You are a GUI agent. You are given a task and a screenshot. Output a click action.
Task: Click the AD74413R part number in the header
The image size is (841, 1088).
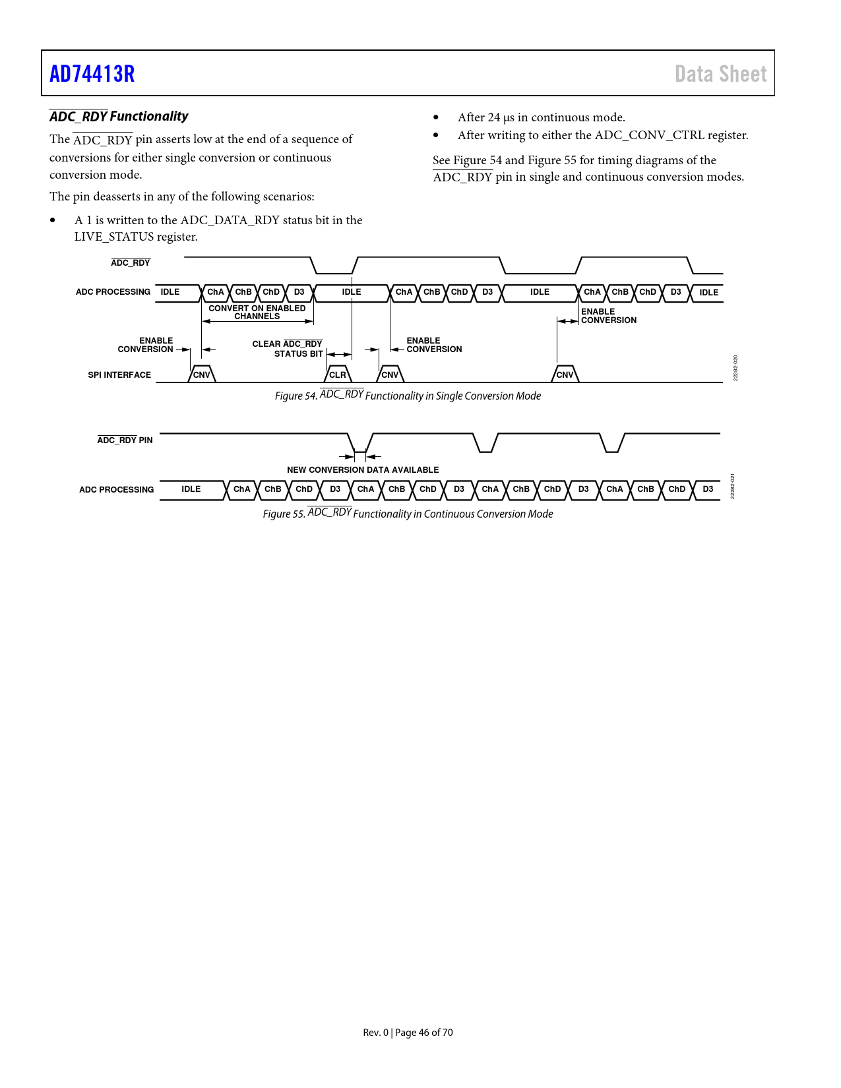[92, 74]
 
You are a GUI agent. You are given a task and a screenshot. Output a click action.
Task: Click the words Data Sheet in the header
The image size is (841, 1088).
[720, 74]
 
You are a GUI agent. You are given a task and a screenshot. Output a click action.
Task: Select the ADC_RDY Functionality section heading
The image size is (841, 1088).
[119, 117]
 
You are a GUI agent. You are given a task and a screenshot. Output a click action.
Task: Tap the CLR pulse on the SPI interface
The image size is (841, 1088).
[338, 375]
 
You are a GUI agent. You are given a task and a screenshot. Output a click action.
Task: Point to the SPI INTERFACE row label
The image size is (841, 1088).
[119, 375]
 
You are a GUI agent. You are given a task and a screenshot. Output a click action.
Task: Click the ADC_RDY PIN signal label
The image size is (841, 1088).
[125, 440]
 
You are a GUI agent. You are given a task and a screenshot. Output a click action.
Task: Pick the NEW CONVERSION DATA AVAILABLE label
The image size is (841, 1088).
[363, 469]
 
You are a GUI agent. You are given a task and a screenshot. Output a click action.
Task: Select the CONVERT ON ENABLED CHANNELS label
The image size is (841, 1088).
[257, 312]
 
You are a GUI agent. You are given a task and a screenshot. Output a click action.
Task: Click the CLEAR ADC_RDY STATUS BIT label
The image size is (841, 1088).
[288, 349]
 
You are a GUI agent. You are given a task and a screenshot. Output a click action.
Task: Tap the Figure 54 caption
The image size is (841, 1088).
[408, 396]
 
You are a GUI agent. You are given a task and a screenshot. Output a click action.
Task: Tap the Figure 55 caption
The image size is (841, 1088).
[408, 514]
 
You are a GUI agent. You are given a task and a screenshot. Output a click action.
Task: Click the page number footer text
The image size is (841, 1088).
[408, 1032]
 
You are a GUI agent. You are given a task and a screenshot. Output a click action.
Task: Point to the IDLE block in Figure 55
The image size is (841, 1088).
[191, 489]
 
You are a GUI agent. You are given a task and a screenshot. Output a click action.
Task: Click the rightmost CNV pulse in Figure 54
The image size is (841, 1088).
[565, 375]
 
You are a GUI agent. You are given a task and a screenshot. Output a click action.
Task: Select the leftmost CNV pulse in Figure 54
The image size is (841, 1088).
[201, 375]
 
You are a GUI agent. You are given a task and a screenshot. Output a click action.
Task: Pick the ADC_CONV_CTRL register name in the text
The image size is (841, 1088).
[649, 135]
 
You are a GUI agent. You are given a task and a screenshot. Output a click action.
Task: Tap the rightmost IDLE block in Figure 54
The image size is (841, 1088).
[708, 292]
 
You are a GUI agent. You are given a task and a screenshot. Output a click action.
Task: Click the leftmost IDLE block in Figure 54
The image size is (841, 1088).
[170, 292]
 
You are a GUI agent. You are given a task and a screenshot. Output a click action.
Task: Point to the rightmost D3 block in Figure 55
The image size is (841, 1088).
[708, 489]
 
